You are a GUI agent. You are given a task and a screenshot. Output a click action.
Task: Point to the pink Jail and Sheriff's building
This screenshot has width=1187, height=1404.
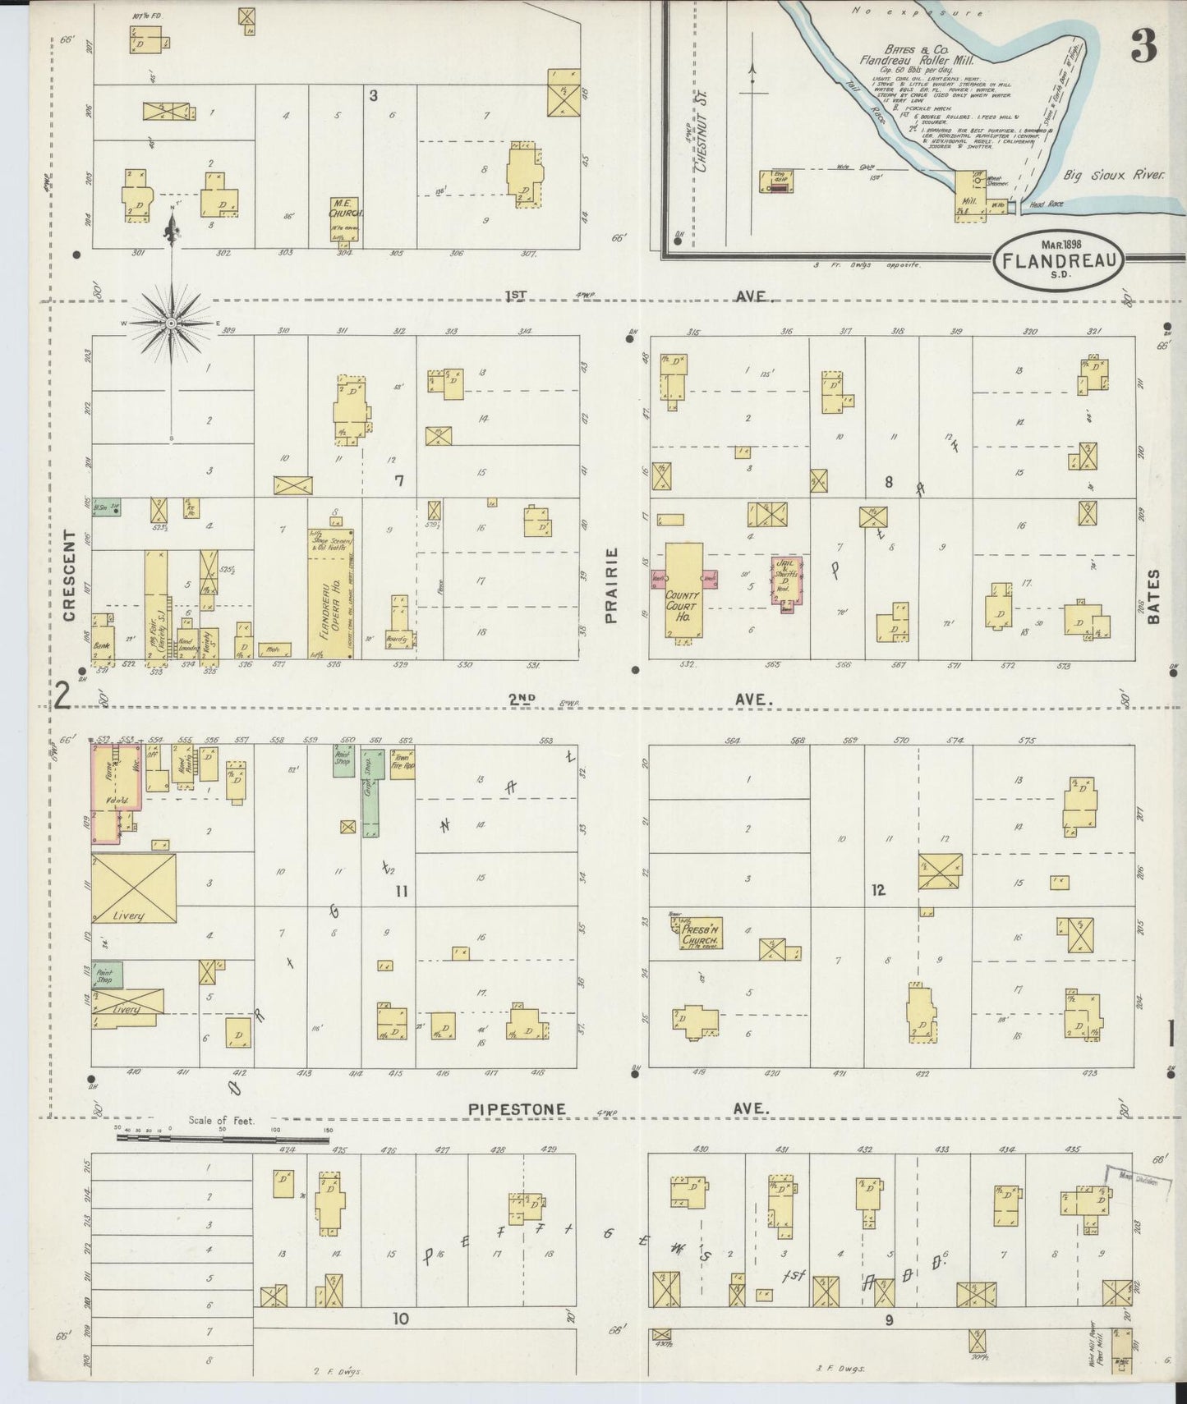pyautogui.click(x=785, y=582)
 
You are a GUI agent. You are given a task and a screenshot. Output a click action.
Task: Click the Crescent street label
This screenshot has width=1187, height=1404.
pyautogui.click(x=70, y=575)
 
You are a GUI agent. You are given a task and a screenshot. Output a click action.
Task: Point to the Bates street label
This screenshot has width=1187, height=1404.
pyautogui.click(x=1154, y=597)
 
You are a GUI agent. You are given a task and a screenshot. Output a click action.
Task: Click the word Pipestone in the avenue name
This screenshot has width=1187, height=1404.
pyautogui.click(x=517, y=1109)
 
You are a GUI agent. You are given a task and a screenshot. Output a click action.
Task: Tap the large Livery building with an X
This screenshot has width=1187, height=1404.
pyautogui.click(x=133, y=886)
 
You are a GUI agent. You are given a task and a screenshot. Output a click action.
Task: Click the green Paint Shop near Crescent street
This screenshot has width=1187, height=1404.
pyautogui.click(x=107, y=974)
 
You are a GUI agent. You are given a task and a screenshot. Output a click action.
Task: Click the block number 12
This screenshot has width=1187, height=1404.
pyautogui.click(x=878, y=890)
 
